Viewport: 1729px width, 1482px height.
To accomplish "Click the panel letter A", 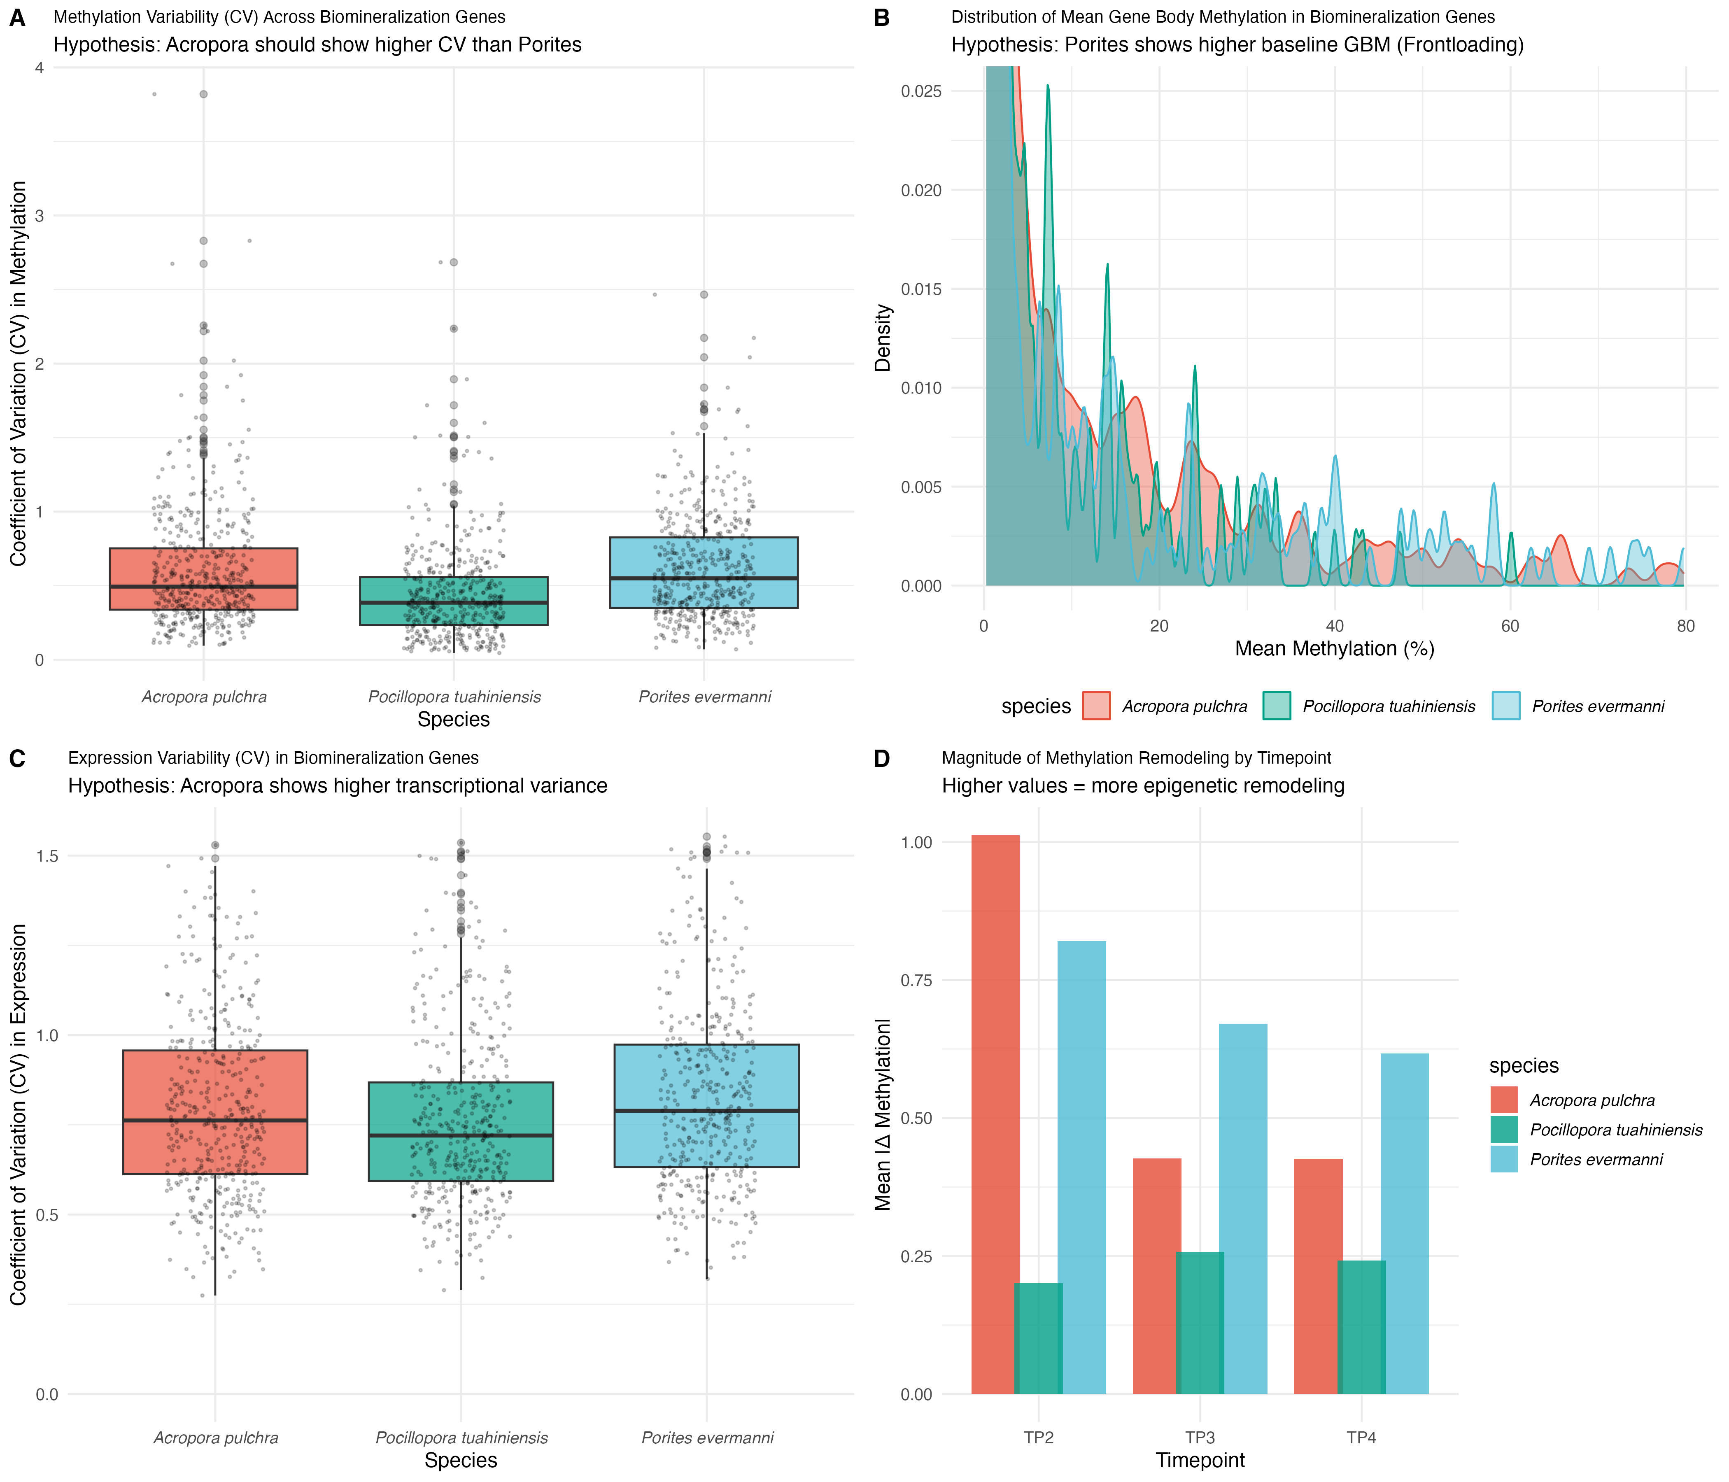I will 17,18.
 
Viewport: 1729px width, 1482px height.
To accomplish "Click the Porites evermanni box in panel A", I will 704,573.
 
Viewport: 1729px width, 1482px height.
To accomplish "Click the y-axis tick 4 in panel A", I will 38,68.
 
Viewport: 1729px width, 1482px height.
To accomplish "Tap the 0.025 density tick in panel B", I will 921,91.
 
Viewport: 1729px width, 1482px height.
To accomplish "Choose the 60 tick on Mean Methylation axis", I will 1510,627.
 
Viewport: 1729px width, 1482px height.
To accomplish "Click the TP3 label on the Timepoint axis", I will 1200,1438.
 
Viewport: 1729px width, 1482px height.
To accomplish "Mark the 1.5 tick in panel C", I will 48,855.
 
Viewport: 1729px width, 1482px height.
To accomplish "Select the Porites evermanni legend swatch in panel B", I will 1505,706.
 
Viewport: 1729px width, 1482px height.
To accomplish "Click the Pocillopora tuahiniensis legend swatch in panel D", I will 1504,1130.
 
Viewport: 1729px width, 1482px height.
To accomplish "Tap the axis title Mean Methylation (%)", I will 1334,649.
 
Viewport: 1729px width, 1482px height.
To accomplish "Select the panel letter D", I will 881,759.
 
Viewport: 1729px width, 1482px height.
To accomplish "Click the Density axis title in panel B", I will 883,338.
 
